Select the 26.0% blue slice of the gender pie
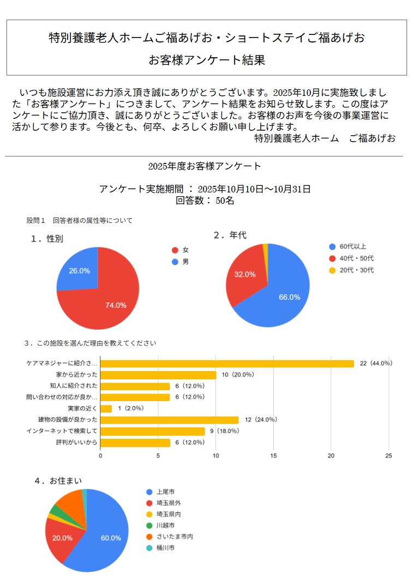[79, 270]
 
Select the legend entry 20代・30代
[358, 270]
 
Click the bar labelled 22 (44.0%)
[227, 364]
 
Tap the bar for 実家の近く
[106, 408]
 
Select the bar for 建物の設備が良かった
[169, 420]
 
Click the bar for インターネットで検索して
[152, 431]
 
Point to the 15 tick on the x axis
[273, 456]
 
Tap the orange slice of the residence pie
[70, 502]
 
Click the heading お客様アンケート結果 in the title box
[207, 60]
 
